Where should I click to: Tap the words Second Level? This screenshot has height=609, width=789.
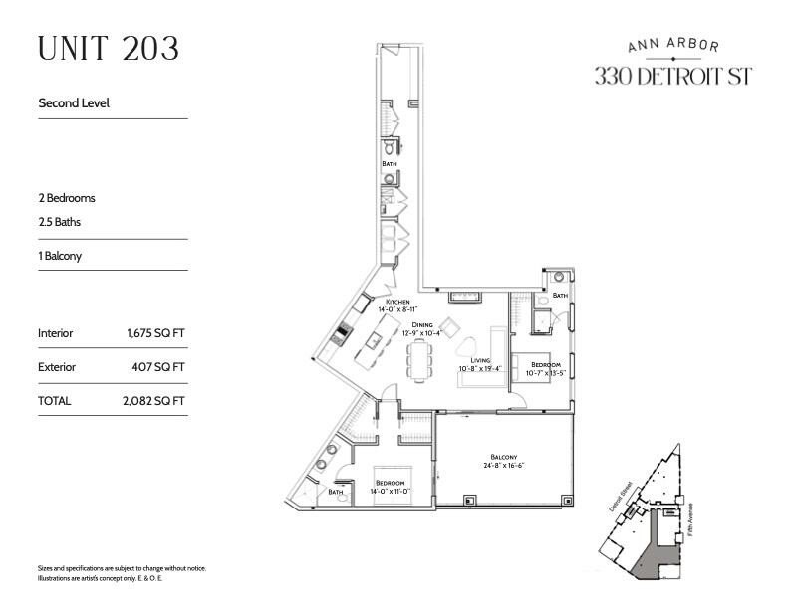click(74, 102)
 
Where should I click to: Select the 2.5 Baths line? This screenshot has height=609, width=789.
click(59, 222)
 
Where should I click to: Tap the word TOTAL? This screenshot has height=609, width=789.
click(54, 401)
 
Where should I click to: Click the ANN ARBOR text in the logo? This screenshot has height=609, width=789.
click(673, 45)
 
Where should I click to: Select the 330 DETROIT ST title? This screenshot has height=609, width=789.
click(672, 76)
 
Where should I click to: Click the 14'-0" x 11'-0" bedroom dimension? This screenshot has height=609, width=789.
click(390, 491)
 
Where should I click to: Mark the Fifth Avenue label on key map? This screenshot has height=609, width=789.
click(690, 520)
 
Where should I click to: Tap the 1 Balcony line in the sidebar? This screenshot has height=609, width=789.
click(59, 256)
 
